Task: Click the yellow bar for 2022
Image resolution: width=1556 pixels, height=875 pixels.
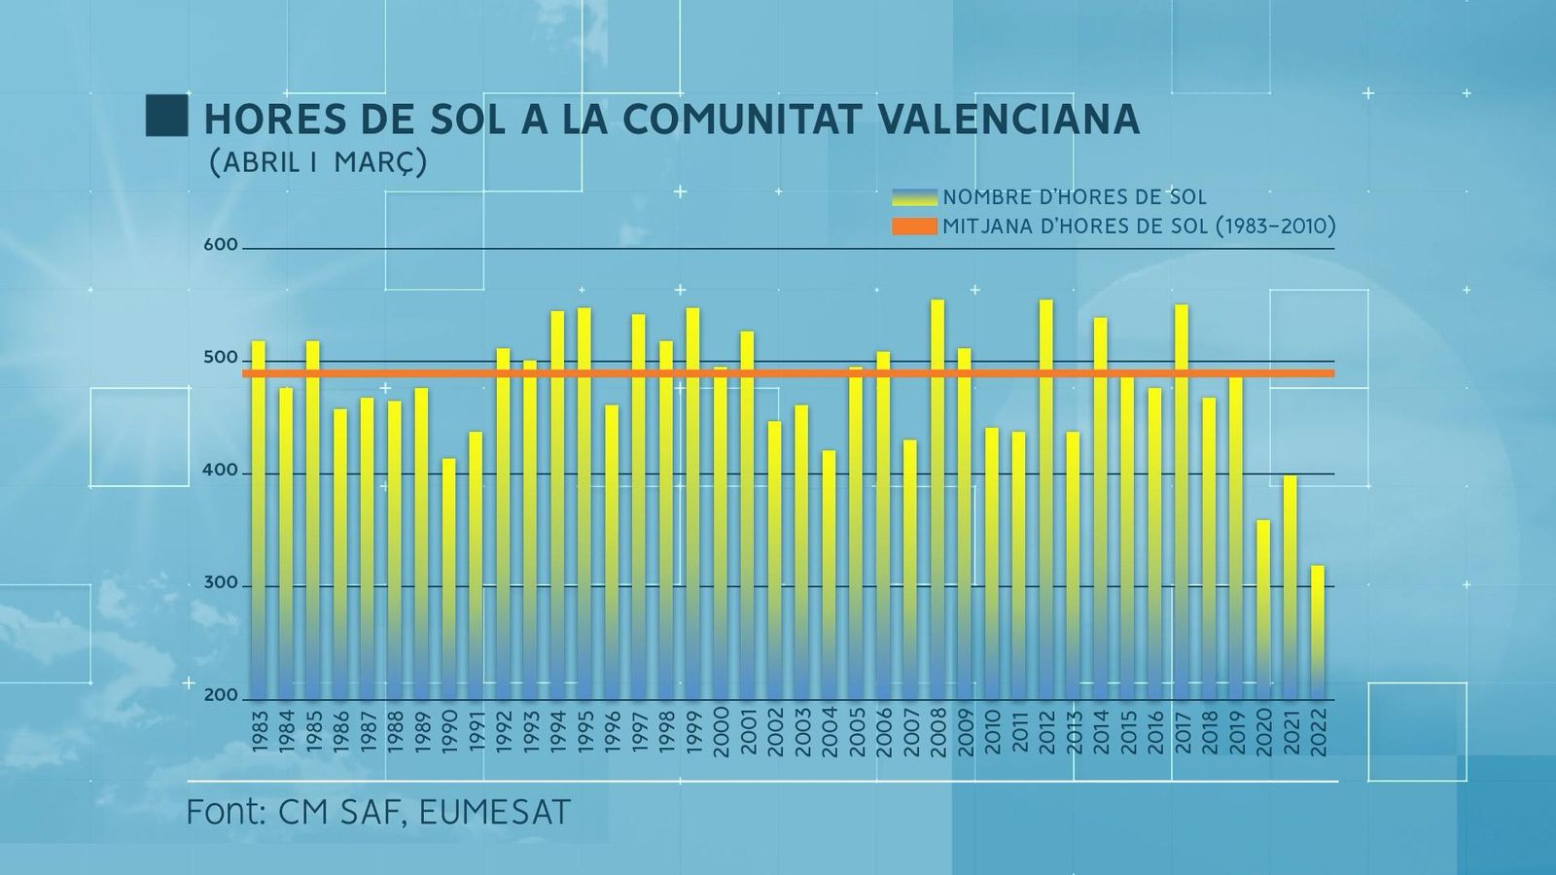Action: click(x=1318, y=632)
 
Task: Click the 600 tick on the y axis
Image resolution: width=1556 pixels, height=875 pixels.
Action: click(x=221, y=245)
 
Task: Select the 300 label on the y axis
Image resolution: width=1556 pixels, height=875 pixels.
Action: click(x=221, y=583)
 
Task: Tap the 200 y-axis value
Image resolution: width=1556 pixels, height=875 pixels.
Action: click(x=221, y=696)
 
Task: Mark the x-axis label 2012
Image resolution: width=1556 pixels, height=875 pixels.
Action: click(x=1046, y=731)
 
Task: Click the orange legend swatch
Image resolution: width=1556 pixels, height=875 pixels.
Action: click(x=914, y=227)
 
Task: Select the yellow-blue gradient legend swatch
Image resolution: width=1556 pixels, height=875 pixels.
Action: click(x=914, y=197)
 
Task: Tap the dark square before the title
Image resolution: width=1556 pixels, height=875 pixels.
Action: click(x=166, y=116)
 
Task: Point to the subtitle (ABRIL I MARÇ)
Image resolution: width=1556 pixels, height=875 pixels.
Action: click(x=318, y=162)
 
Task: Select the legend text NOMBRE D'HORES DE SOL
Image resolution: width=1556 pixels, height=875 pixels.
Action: click(x=1075, y=197)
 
